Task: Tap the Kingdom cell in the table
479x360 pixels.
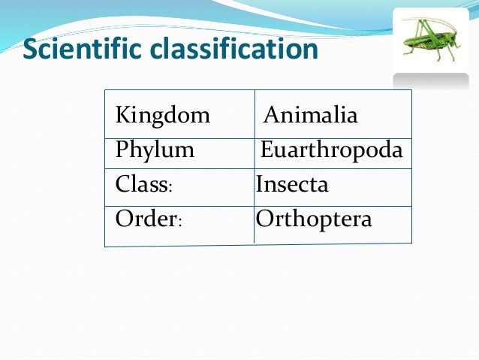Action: pyautogui.click(x=162, y=116)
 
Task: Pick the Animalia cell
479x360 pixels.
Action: pyautogui.click(x=311, y=116)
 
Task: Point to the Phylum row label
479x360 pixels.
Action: pyautogui.click(x=155, y=150)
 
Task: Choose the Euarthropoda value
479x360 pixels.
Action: pyautogui.click(x=331, y=150)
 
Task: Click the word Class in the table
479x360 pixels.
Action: pyautogui.click(x=140, y=184)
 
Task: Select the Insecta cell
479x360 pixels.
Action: pyautogui.click(x=292, y=184)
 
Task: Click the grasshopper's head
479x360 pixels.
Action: pyautogui.click(x=449, y=35)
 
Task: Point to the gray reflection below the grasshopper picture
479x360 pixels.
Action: pyautogui.click(x=431, y=81)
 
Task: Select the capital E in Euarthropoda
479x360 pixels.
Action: pyautogui.click(x=267, y=150)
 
